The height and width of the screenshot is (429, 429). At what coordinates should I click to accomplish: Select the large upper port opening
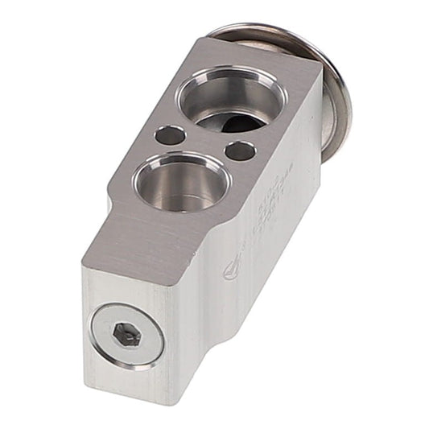[x=231, y=101]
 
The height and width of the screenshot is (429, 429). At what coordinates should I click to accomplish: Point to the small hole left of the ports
[x=169, y=135]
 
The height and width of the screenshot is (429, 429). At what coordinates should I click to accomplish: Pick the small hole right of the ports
[x=240, y=151]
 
